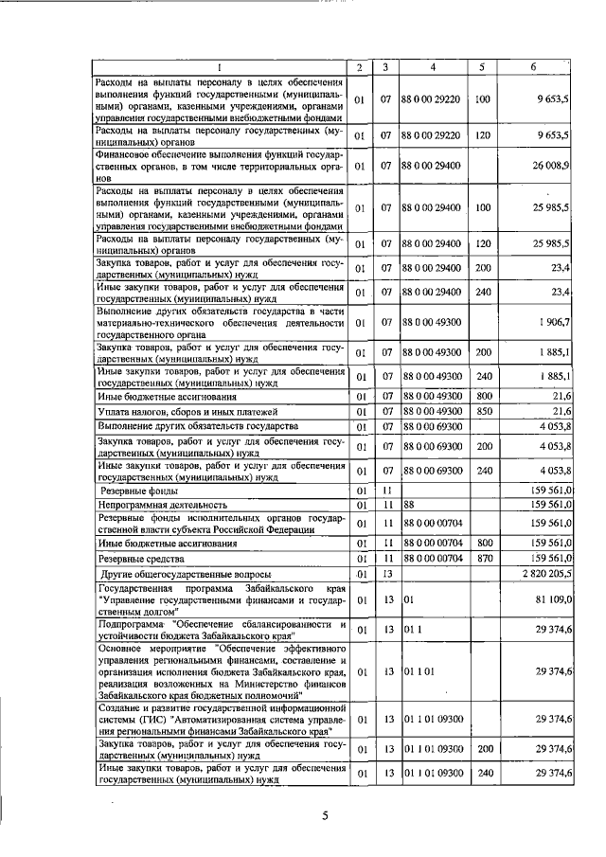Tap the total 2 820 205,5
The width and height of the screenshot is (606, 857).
tap(544, 574)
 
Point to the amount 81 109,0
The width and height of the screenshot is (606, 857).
tap(550, 598)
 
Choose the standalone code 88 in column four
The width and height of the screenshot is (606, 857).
tap(410, 507)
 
